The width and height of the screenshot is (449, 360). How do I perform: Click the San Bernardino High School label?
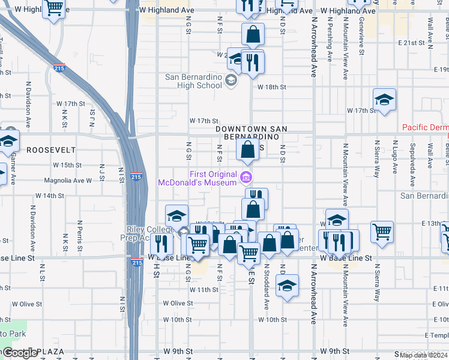coord(193,81)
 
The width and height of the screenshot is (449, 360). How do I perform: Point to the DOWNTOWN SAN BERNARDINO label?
coord(252,134)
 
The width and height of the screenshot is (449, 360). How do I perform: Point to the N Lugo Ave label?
coord(396,155)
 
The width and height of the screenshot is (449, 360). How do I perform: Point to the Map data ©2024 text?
coord(423,355)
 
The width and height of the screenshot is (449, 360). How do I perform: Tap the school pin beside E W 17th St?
coord(384,100)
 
